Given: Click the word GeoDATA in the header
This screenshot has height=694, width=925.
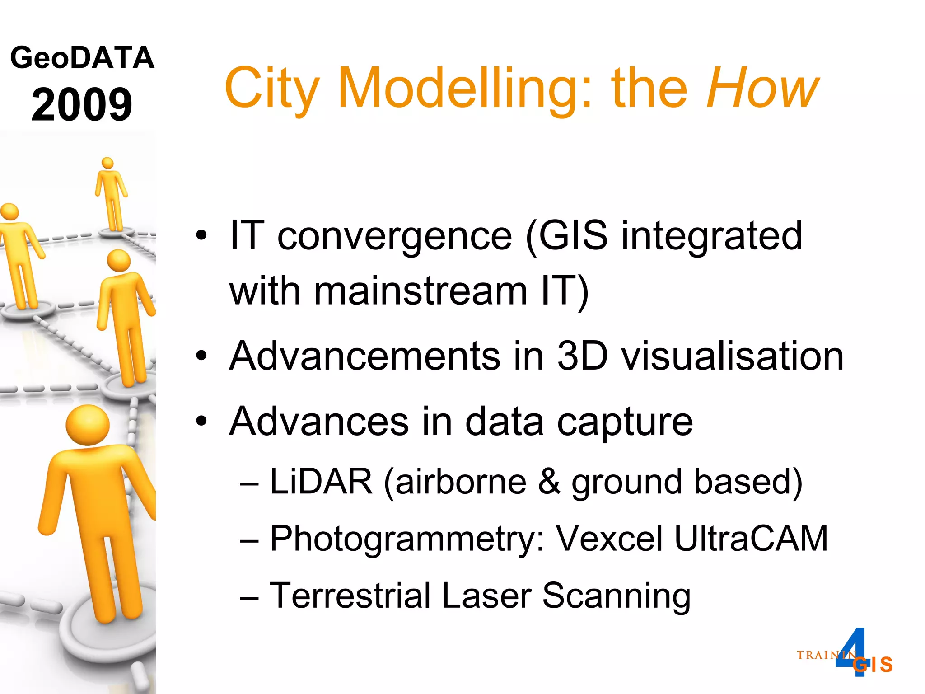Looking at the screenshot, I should [x=82, y=58].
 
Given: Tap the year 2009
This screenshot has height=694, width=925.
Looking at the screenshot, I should [x=82, y=105].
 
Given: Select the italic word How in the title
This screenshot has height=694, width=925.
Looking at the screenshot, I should [x=762, y=88].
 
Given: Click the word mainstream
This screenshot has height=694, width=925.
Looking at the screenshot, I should [x=420, y=291].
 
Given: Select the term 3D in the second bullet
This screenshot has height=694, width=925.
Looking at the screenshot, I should [x=582, y=356].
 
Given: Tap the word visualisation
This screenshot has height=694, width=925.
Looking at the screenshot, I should [x=732, y=356].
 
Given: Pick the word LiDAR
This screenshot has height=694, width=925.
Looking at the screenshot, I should [x=321, y=482].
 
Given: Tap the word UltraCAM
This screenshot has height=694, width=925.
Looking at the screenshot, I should [x=751, y=539].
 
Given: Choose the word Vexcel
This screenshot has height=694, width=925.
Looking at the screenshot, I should [x=609, y=539].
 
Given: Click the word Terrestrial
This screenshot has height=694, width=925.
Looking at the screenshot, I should [x=350, y=596].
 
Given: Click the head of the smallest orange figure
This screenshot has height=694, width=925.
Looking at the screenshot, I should [x=107, y=163].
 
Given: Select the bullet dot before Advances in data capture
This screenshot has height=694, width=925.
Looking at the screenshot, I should [x=201, y=422].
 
